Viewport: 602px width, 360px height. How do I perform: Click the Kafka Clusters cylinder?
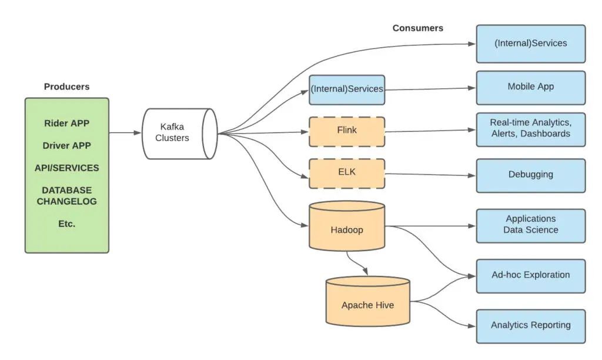[179, 133]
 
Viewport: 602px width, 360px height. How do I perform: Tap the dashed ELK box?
[347, 173]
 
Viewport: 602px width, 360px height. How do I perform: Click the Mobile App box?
[530, 88]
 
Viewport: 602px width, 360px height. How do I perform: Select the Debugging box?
[530, 175]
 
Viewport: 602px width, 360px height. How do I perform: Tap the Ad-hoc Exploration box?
[530, 275]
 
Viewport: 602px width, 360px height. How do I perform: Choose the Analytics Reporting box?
[530, 325]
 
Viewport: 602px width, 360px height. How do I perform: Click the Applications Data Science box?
[530, 225]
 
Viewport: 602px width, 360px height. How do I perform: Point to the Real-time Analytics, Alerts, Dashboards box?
[530, 129]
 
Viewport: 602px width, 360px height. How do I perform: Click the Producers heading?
[66, 86]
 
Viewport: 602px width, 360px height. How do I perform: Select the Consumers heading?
[417, 28]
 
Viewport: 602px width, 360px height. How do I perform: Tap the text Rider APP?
[66, 123]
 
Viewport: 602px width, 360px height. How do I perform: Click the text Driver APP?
[66, 145]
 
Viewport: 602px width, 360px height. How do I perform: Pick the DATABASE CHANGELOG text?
[66, 196]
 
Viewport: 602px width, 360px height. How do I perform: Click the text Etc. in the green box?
[66, 224]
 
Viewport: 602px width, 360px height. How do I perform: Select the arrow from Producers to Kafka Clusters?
[125, 133]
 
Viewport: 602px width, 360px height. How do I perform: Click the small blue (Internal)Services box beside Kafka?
[347, 89]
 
